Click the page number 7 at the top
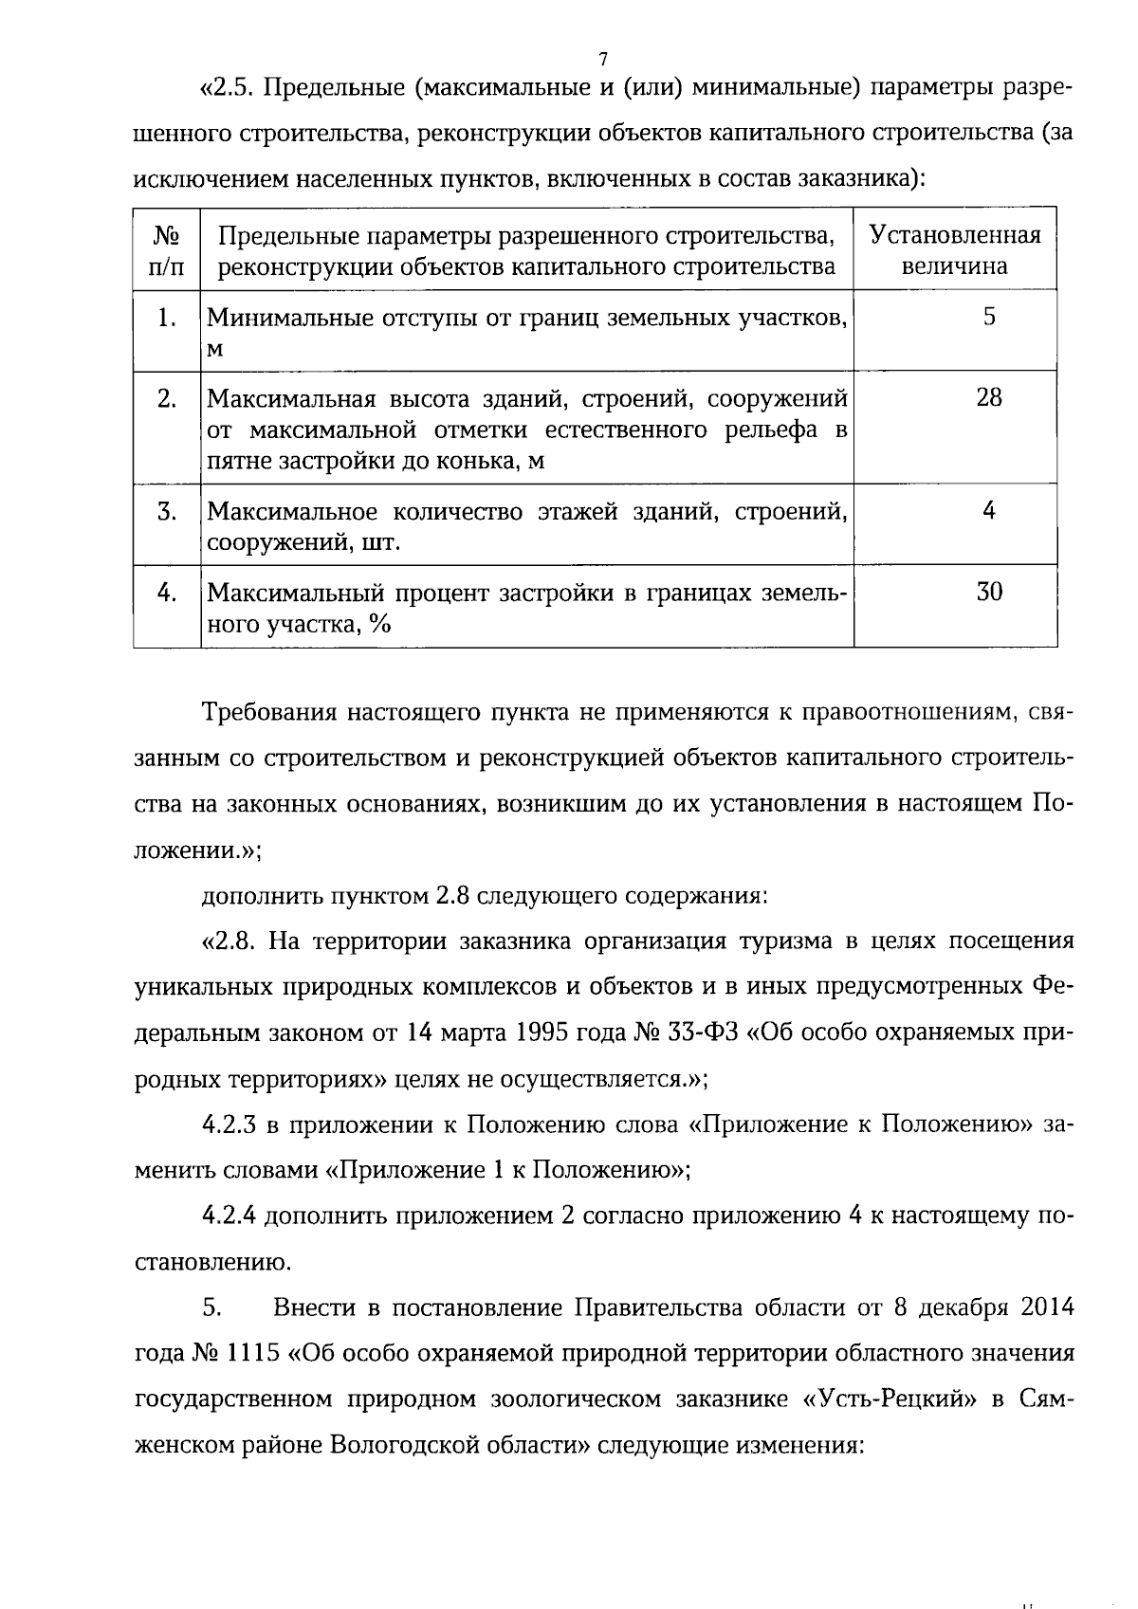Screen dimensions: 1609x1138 [603, 60]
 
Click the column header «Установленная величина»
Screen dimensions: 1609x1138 [955, 250]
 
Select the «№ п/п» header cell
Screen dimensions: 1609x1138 [167, 250]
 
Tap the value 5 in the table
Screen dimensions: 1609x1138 [989, 317]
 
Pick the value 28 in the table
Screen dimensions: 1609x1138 [989, 397]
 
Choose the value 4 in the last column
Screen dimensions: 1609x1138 [989, 511]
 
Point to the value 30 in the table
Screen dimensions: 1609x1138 [989, 592]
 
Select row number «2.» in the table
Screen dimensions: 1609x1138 [167, 398]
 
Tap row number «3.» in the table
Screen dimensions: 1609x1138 [167, 512]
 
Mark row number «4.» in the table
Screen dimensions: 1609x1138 [167, 593]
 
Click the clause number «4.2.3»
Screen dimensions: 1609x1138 [229, 1124]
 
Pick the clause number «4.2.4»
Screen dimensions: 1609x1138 [229, 1216]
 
